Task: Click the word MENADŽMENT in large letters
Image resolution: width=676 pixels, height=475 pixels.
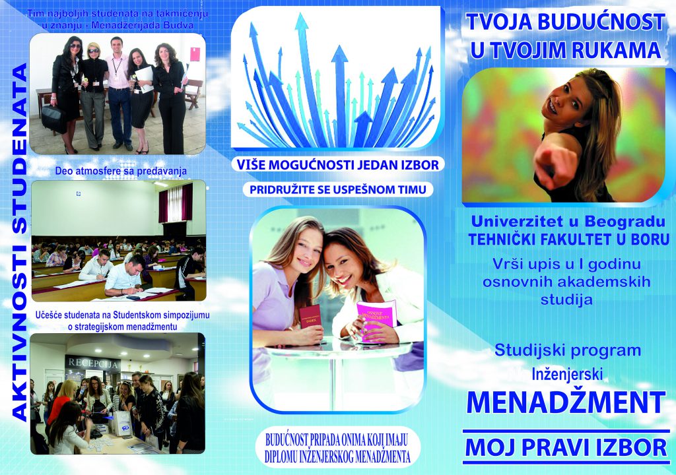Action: pos(566,402)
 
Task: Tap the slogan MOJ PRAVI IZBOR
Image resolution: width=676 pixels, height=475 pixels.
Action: pos(566,447)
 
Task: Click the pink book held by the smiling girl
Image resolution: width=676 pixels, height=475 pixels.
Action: pos(376,319)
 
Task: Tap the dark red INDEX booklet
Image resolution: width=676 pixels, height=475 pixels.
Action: pos(311,317)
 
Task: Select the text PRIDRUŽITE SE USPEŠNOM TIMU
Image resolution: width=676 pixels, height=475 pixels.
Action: pos(337,189)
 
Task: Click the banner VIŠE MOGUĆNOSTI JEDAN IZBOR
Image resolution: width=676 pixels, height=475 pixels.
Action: pos(337,165)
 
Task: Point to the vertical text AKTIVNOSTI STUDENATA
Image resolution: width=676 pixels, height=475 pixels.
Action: pos(19,243)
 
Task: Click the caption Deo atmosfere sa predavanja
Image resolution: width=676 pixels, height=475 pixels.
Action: pos(121,171)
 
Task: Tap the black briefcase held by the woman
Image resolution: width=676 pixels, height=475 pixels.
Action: pos(54,118)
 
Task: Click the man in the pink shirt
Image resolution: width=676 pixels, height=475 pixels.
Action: pos(119,92)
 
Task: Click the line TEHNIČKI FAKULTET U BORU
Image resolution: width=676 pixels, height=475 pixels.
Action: pos(568,239)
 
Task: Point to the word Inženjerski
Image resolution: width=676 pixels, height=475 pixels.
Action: pos(567,374)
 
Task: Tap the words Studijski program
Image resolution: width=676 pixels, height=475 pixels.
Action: pos(567,351)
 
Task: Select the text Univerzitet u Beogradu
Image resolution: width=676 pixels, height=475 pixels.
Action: pos(568,222)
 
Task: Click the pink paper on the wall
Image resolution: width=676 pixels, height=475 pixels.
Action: pos(195,54)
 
